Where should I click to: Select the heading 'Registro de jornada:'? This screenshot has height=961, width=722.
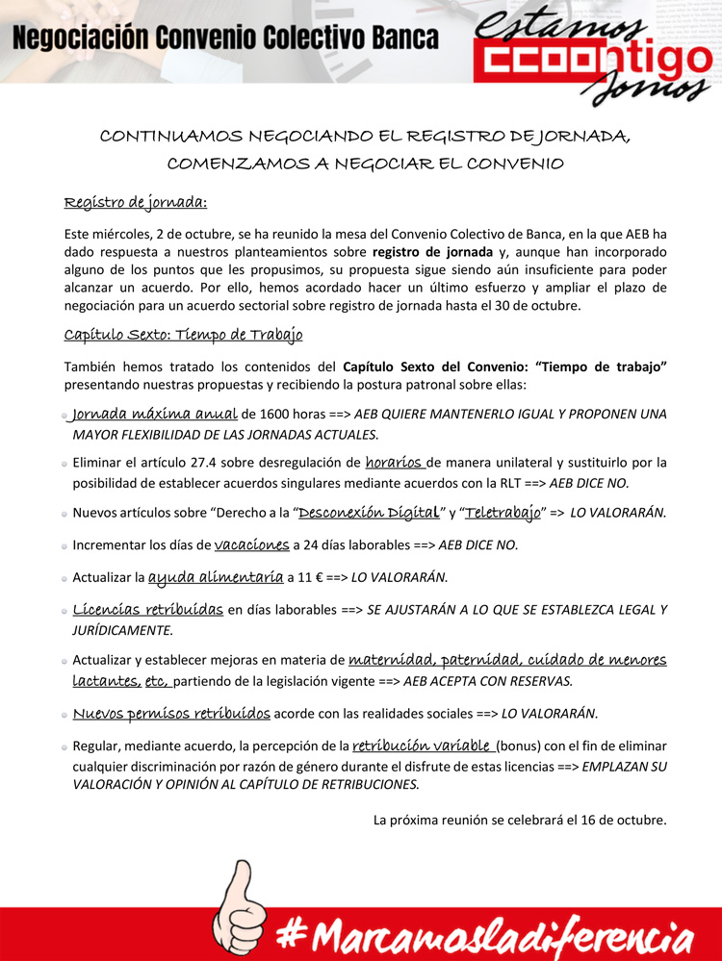136,203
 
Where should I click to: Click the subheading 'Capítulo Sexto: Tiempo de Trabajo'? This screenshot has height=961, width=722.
183,335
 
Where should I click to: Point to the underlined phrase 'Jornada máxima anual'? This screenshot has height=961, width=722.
155,415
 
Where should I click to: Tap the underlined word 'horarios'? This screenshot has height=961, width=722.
396,462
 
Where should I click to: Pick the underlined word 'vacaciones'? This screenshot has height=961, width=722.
251,545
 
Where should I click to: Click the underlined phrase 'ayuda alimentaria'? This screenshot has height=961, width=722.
216,578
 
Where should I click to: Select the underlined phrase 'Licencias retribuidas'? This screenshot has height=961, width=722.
148,610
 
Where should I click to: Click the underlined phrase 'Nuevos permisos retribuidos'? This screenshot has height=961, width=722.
172,714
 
